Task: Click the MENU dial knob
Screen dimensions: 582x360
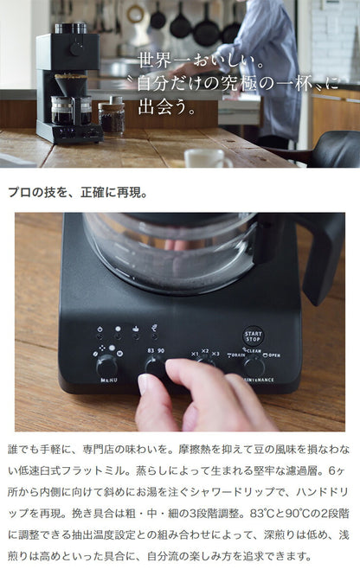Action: click(x=107, y=364)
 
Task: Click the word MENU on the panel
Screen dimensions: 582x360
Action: click(x=108, y=379)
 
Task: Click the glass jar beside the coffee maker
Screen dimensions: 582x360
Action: click(x=110, y=117)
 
